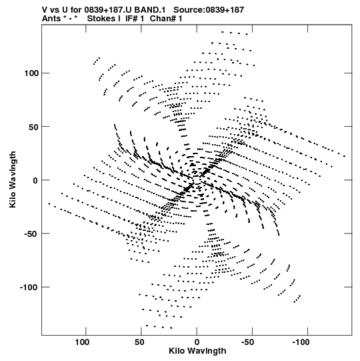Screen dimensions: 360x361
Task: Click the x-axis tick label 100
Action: (x=82, y=342)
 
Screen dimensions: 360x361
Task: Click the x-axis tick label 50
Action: (x=139, y=342)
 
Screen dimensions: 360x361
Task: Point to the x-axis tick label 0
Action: (x=197, y=342)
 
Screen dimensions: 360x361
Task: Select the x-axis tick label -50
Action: (x=247, y=342)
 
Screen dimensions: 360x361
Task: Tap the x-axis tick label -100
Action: (x=301, y=342)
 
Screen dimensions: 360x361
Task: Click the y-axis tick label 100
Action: (x=31, y=73)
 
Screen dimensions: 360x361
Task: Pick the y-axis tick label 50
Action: (x=33, y=127)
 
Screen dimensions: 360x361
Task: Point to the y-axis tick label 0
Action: (x=35, y=180)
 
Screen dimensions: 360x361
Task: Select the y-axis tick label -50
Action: (x=31, y=234)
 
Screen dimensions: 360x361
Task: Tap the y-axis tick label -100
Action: (x=29, y=288)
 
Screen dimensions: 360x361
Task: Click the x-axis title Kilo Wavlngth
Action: (x=197, y=351)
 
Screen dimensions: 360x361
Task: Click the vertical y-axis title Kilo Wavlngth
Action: (x=13, y=179)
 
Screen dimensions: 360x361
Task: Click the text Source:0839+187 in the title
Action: (x=209, y=10)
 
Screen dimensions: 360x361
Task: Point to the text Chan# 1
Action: (x=166, y=19)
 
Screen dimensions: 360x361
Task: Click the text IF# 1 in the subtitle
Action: (x=135, y=19)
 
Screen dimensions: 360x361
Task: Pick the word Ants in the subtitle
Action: (x=51, y=19)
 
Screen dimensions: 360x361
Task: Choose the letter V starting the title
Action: (x=45, y=10)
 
